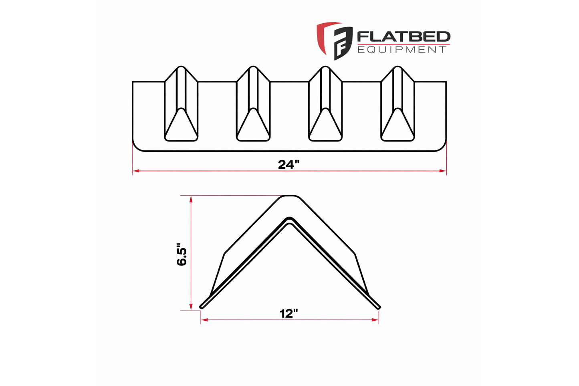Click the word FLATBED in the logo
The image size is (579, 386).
click(403, 37)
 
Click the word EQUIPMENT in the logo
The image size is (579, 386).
click(401, 50)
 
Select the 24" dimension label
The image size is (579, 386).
click(289, 165)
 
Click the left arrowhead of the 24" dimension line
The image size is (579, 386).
click(135, 171)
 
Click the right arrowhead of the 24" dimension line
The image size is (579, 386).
click(443, 171)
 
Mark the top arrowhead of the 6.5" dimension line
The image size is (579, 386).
click(192, 198)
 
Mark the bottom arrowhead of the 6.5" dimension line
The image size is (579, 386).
click(192, 307)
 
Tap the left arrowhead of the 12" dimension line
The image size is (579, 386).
click(204, 320)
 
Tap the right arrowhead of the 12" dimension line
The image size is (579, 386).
click(376, 320)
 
